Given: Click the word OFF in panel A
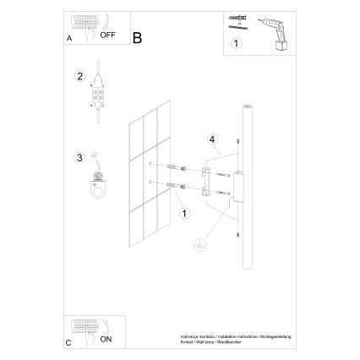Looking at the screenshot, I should pyautogui.click(x=107, y=37).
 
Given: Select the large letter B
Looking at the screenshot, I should pyautogui.click(x=138, y=36).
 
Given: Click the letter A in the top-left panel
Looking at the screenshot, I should pyautogui.click(x=68, y=39).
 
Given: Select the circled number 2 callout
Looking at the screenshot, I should pyautogui.click(x=79, y=77).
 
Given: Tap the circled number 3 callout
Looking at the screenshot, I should pyautogui.click(x=79, y=156).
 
